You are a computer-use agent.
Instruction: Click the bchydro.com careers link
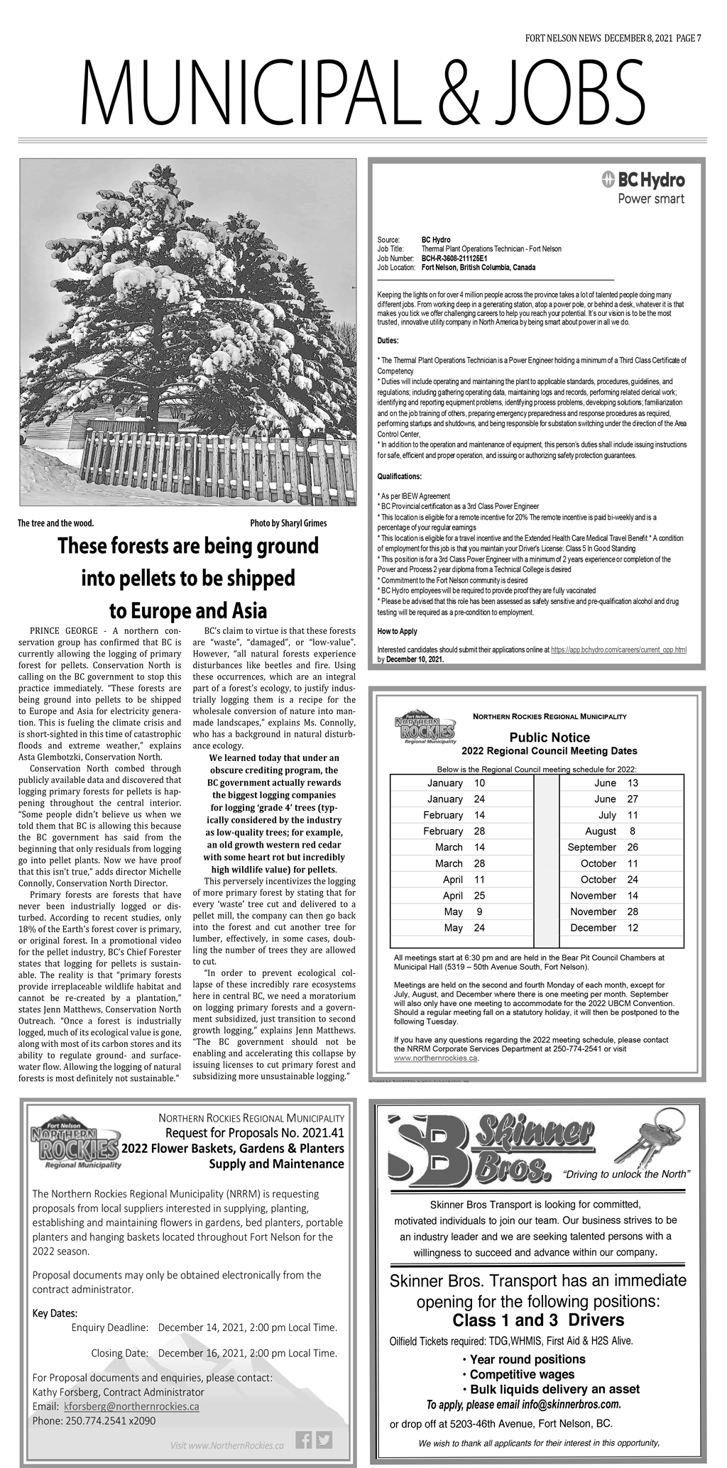pos(618,650)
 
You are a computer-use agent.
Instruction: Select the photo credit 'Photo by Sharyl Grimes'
pos(288,523)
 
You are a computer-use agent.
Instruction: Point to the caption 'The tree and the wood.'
pos(55,523)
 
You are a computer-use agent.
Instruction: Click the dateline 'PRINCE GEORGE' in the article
pos(60,630)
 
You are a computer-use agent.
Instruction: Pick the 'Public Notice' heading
pos(549,738)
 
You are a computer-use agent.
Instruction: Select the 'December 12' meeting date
pos(603,928)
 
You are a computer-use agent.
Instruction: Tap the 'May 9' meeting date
pos(462,911)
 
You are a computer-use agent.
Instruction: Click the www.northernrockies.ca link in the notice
pos(436,1058)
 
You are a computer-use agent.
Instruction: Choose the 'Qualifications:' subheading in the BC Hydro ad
pos(399,476)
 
